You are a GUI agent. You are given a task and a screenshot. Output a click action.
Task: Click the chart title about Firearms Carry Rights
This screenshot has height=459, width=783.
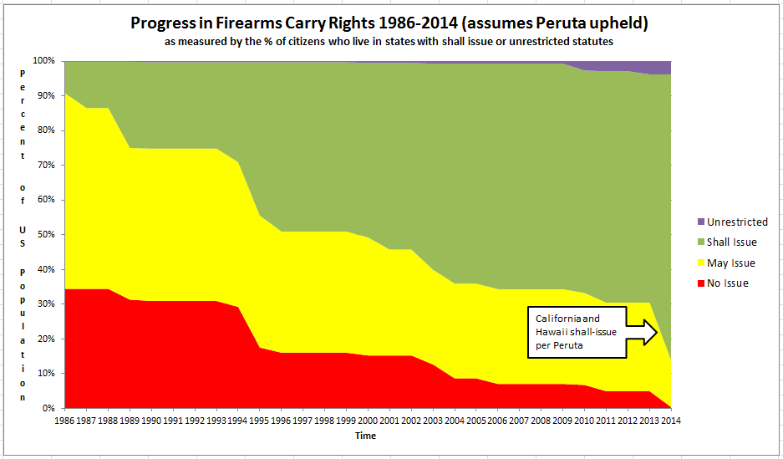point(389,23)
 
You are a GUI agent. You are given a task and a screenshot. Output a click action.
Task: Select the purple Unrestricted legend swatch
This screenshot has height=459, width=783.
point(699,222)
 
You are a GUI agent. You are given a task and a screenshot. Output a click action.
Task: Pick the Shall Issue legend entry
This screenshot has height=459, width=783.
point(731,242)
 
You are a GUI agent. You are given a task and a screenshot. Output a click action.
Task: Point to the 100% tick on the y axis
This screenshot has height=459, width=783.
point(43,61)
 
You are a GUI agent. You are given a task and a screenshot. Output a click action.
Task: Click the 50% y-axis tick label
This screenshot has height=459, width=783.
point(45,235)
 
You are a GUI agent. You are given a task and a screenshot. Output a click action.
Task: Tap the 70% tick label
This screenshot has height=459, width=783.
point(45,166)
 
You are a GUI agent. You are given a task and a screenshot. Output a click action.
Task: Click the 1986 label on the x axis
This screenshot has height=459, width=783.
point(65,421)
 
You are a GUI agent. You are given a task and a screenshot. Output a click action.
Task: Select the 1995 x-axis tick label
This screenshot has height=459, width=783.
point(259,421)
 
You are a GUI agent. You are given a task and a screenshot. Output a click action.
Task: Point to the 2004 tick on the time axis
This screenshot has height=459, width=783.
point(454,421)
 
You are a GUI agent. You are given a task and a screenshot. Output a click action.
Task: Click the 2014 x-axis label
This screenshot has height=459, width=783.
point(669,421)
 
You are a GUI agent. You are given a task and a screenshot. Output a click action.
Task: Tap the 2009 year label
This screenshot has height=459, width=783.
point(562,421)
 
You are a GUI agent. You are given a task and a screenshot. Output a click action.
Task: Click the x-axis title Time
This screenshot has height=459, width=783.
point(365,436)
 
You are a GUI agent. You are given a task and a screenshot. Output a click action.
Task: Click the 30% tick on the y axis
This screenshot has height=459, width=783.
point(45,304)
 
